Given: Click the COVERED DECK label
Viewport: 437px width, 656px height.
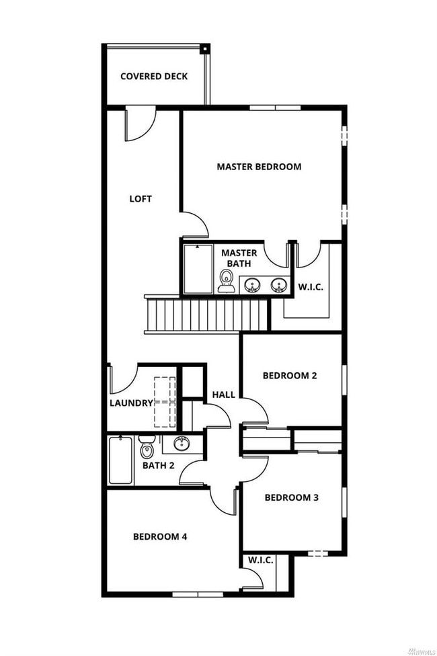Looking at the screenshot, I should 154,76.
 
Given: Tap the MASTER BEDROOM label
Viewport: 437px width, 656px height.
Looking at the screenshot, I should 259,167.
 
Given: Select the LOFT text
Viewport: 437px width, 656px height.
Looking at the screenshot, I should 141,199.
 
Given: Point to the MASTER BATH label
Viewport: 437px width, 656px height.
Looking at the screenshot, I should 239,258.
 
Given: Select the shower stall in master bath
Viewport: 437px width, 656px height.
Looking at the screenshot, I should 198,268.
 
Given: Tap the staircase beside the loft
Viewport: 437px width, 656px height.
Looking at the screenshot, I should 207,315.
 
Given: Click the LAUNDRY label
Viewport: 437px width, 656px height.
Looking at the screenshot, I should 131,403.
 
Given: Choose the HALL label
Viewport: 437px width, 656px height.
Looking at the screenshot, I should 224,395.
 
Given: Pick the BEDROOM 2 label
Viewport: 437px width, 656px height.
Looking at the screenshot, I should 289,376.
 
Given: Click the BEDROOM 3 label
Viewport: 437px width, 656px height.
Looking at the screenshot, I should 291,497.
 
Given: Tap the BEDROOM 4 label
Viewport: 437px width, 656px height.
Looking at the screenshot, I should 160,536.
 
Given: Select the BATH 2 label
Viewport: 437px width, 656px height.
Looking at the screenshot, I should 158,465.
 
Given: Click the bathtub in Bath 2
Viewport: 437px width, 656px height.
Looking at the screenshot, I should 121,460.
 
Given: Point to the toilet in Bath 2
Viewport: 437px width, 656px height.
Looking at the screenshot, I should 147,446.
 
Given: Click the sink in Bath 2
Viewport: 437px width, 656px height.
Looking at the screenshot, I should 180,444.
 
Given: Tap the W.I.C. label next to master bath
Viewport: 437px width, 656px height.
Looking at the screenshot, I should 311,287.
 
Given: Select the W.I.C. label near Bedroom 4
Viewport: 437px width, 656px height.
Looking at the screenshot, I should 260,560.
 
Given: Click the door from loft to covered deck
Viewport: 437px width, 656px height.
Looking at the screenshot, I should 140,124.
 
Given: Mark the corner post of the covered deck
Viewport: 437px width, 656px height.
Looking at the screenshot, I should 205,48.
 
